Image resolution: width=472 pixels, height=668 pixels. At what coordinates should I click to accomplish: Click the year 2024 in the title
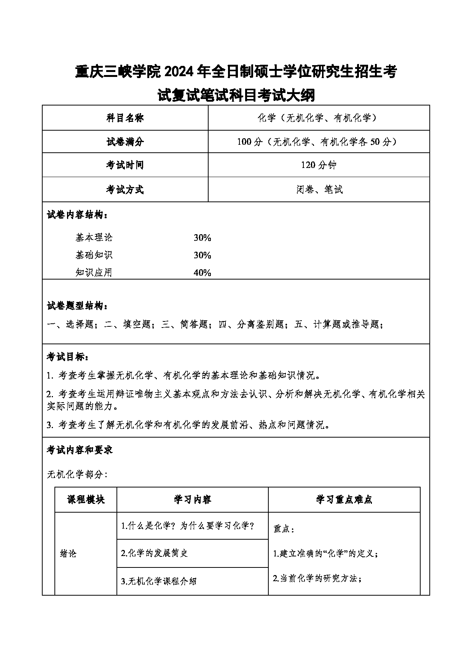184,72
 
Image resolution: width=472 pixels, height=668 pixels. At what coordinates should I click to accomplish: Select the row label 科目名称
125,118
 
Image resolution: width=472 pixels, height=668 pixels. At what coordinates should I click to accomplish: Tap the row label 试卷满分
125,142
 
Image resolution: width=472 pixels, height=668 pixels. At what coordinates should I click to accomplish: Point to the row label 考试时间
125,165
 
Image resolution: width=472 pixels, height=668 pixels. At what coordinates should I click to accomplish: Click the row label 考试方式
125,189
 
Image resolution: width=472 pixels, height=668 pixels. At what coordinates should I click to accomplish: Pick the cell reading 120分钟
319,165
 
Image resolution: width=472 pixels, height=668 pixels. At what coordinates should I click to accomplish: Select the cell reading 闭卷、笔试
319,189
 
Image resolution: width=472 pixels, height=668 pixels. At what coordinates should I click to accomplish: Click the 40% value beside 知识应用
202,273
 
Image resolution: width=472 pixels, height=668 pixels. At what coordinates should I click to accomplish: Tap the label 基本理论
94,238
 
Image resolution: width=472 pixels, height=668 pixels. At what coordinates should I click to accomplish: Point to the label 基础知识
94,255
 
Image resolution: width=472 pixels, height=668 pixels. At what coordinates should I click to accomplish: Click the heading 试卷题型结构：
77,305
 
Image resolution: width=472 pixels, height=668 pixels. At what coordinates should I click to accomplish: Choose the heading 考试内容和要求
80,450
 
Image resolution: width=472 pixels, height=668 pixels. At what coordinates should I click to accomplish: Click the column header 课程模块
86,500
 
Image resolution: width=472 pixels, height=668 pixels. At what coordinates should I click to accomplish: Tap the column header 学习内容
192,500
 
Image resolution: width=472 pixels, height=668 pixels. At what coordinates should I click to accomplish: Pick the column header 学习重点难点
344,500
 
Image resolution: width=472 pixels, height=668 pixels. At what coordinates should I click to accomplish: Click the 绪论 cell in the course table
68,553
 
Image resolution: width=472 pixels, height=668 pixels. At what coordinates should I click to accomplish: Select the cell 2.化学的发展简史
154,553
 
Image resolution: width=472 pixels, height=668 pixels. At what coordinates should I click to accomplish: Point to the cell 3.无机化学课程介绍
159,581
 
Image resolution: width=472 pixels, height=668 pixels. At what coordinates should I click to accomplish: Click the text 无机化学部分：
77,475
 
